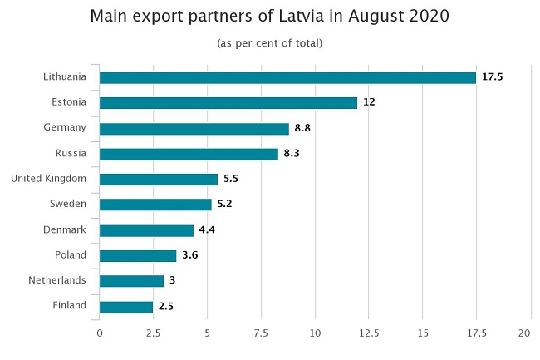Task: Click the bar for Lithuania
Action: (287, 77)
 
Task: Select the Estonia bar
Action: (228, 103)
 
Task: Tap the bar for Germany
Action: (194, 129)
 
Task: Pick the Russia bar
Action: (189, 154)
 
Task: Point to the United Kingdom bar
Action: (159, 179)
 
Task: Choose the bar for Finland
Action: (126, 307)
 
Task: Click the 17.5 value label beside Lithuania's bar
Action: (493, 77)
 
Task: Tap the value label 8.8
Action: (304, 129)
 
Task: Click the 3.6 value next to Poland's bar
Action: (189, 256)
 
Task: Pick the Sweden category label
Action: (68, 204)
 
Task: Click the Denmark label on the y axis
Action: (65, 229)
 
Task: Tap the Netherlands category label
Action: (58, 280)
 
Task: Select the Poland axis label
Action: (71, 254)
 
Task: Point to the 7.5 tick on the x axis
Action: (261, 333)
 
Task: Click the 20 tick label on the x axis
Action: (524, 333)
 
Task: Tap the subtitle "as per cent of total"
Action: (269, 42)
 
